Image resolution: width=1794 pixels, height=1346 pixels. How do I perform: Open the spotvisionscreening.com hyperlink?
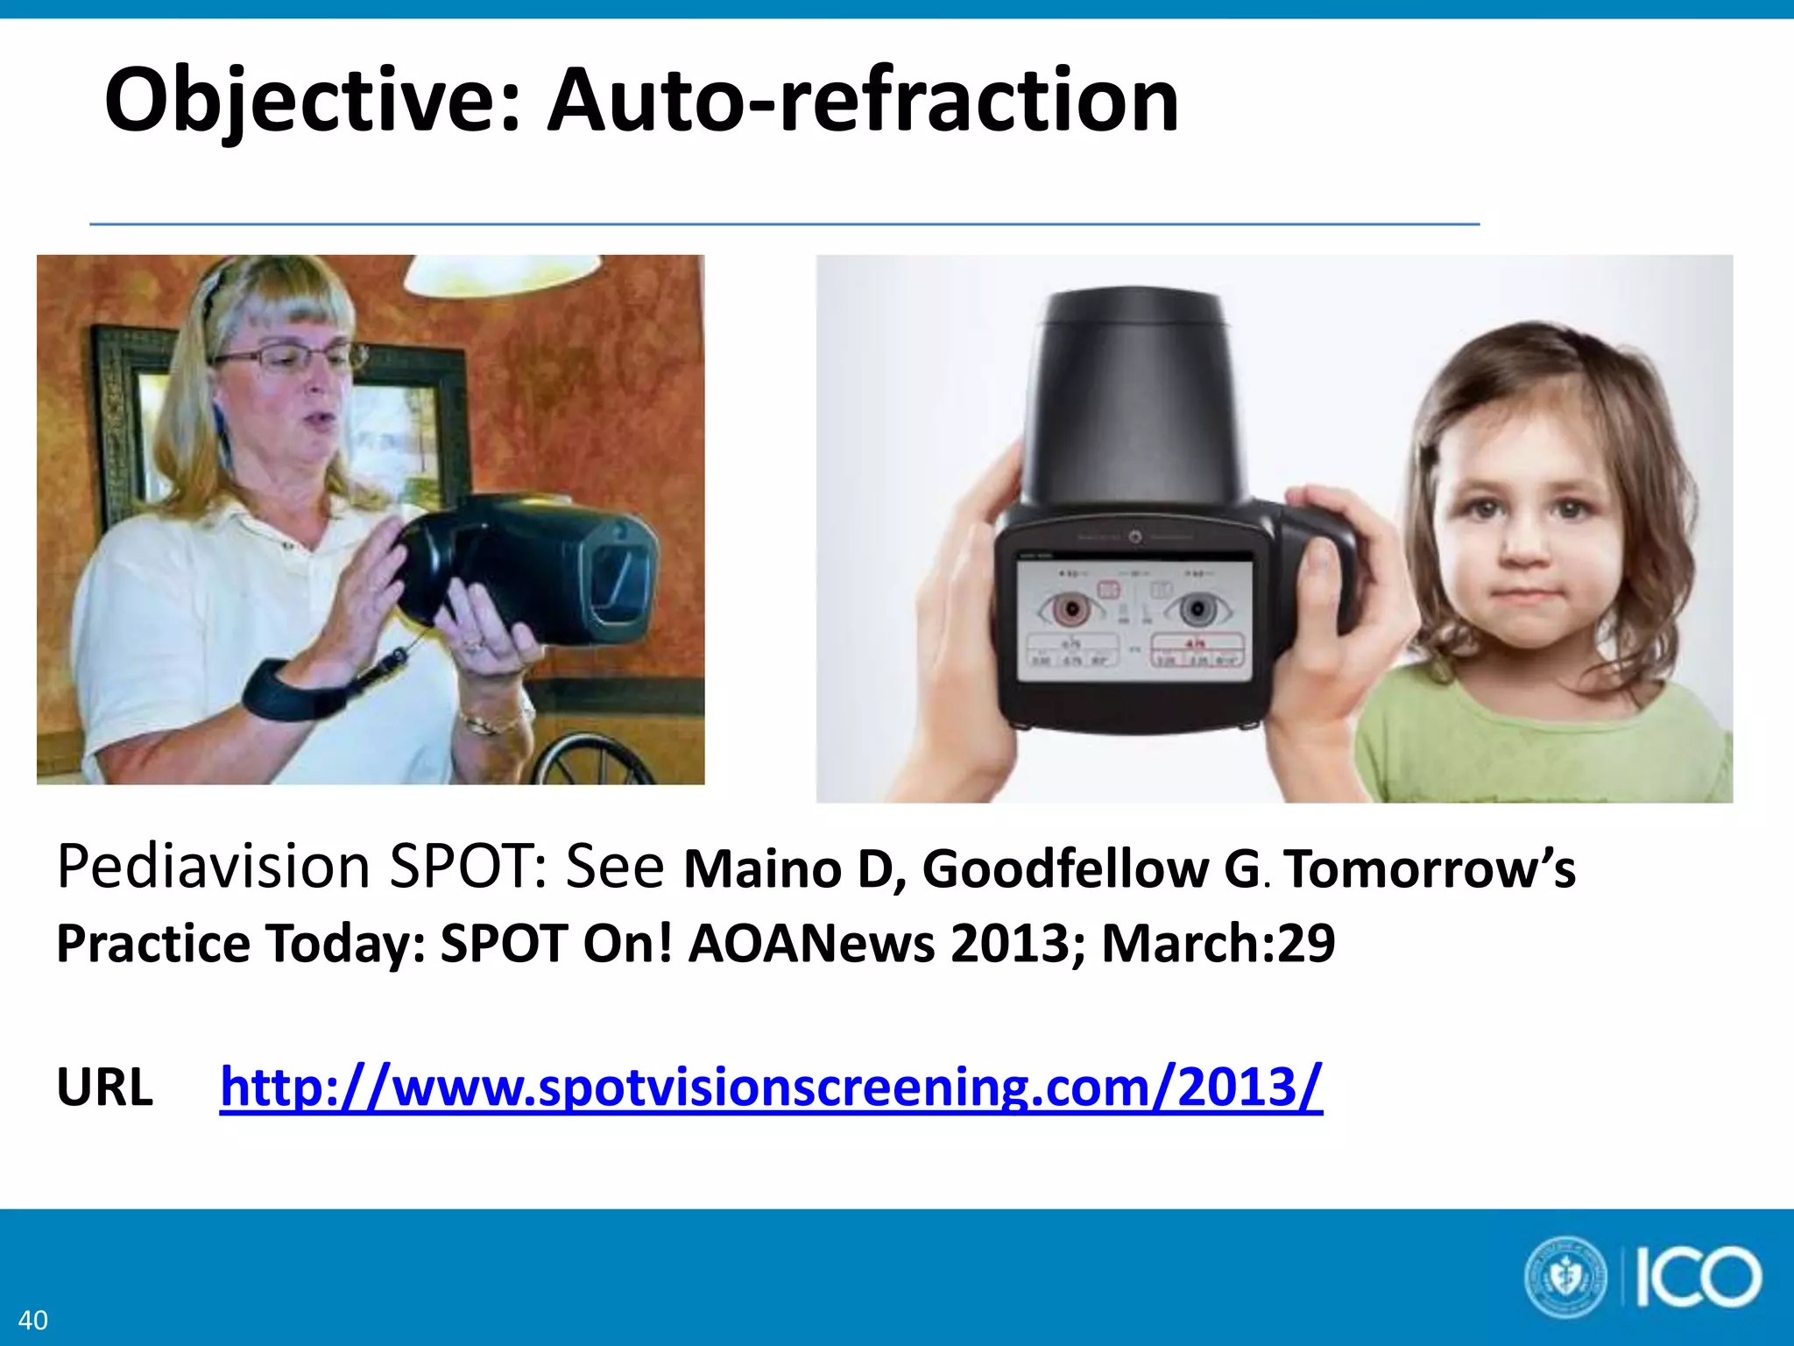(771, 1087)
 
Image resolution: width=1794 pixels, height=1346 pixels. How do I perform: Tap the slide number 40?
(33, 1320)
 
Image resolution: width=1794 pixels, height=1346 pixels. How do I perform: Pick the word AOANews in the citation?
(811, 944)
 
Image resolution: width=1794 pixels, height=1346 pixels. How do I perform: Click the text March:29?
(1218, 944)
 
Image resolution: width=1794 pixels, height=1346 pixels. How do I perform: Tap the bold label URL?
(104, 1087)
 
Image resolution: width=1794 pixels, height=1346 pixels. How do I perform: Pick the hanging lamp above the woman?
(501, 273)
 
